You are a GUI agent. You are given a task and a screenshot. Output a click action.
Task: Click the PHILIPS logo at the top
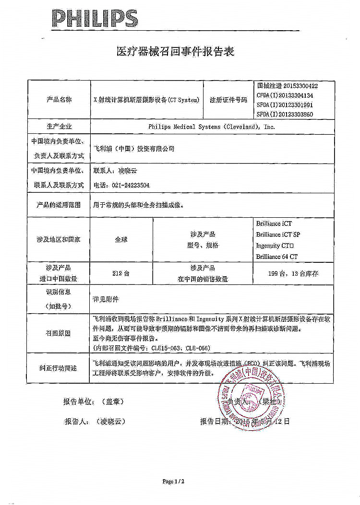[95, 19]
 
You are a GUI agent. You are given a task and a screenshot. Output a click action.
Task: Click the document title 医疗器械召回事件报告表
[175, 51]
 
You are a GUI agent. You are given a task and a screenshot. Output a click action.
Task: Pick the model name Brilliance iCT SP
[278, 235]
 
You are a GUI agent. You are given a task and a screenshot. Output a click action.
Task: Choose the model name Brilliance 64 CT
[276, 257]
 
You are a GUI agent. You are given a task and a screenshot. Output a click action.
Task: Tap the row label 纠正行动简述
[58, 368]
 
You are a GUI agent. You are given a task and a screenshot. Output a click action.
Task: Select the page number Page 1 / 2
[173, 481]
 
